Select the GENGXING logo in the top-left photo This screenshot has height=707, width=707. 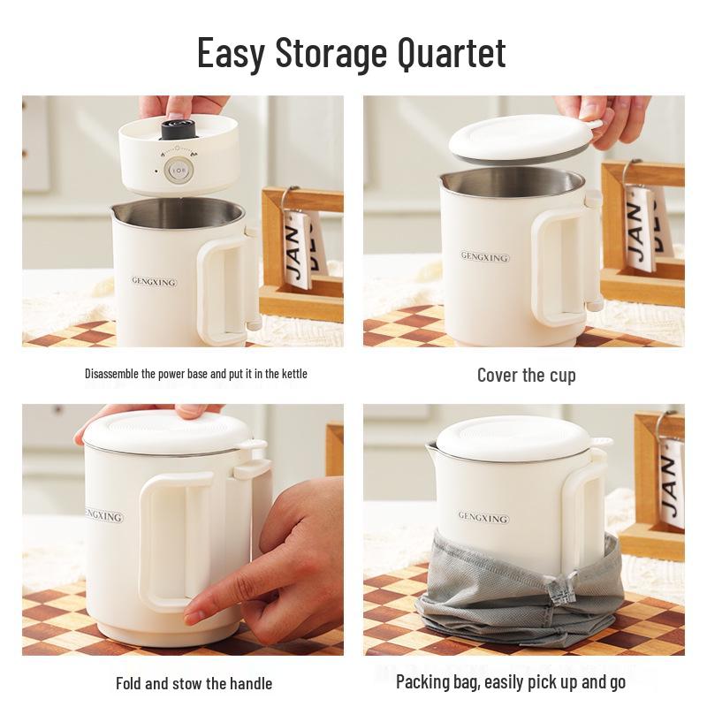tap(154, 282)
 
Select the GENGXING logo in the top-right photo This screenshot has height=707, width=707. tap(484, 257)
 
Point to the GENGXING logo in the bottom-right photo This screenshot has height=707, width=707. tap(483, 516)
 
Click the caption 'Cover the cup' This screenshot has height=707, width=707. tap(526, 375)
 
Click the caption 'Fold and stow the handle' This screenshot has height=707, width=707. tap(194, 683)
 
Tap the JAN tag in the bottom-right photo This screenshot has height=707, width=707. tap(673, 482)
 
